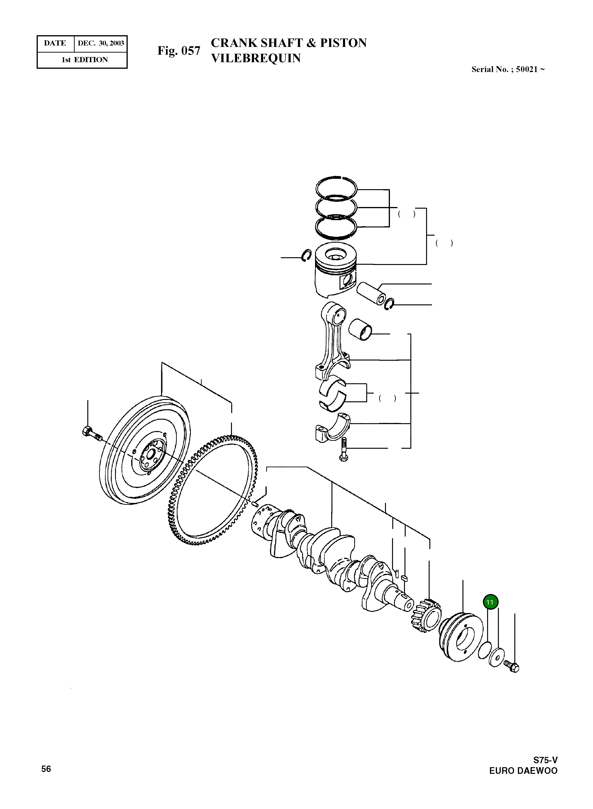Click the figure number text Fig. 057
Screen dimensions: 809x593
178,51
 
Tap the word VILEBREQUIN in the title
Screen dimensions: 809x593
256,58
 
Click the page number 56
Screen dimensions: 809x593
46,768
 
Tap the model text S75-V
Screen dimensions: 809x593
545,760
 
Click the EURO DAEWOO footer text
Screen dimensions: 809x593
523,771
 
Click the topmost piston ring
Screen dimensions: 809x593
336,187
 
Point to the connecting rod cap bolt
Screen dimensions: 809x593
343,450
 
